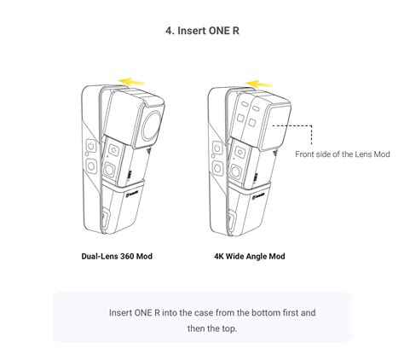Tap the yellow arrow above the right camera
pyautogui.click(x=258, y=83)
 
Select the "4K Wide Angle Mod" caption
pyautogui.click(x=250, y=256)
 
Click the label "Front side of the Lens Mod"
pyautogui.click(x=342, y=154)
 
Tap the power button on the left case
pyautogui.click(x=88, y=143)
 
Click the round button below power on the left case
pyautogui.click(x=88, y=165)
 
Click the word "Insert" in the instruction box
pyautogui.click(x=124, y=312)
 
